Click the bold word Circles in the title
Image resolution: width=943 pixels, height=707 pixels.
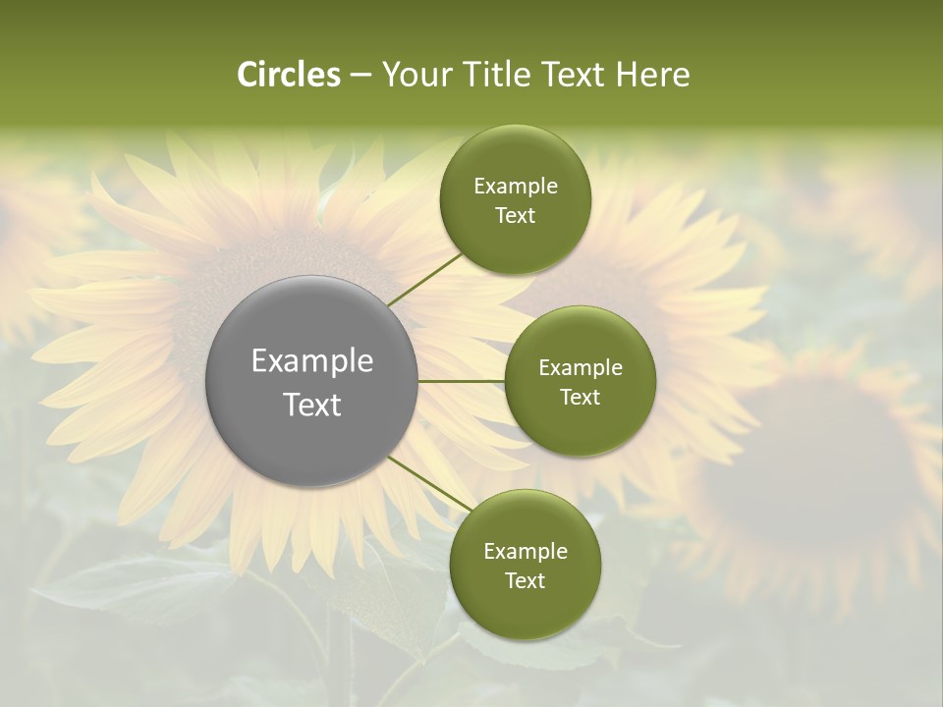tap(288, 75)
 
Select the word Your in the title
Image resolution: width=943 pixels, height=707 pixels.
tap(415, 75)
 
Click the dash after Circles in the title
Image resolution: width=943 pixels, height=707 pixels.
tap(361, 76)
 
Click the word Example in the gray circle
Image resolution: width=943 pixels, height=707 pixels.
tap(312, 361)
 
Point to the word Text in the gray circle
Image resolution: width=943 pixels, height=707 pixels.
tap(312, 405)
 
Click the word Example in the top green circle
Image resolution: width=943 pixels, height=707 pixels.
tap(516, 187)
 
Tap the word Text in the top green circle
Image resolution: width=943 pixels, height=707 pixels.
tap(515, 216)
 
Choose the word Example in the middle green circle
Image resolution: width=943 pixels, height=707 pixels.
tap(581, 368)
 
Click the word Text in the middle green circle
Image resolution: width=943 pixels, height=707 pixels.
tap(581, 398)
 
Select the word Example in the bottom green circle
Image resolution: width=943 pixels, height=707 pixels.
tap(526, 552)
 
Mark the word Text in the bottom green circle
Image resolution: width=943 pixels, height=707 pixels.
tap(525, 581)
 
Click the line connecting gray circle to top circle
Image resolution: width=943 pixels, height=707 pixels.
tap(424, 279)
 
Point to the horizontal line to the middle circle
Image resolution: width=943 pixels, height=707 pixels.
tap(461, 381)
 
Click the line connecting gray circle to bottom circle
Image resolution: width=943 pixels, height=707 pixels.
tap(429, 481)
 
